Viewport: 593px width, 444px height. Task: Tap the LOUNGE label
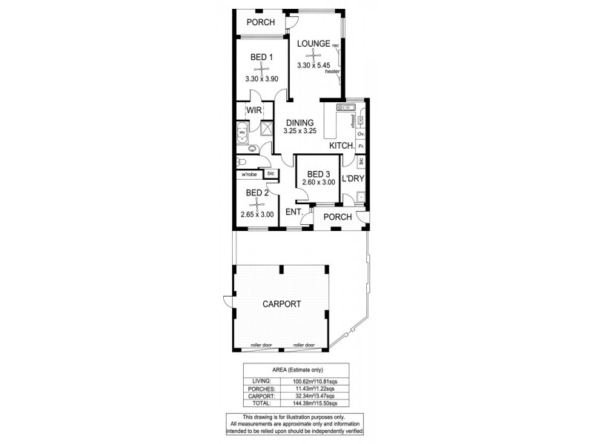(314, 44)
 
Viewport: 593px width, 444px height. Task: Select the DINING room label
(299, 123)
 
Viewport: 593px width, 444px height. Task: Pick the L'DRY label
(354, 178)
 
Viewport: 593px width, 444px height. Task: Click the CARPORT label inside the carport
(281, 304)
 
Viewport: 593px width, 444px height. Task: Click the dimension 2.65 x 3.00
(257, 215)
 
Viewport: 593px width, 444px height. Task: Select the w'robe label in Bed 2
(248, 174)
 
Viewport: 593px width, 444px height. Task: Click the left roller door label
(262, 345)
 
